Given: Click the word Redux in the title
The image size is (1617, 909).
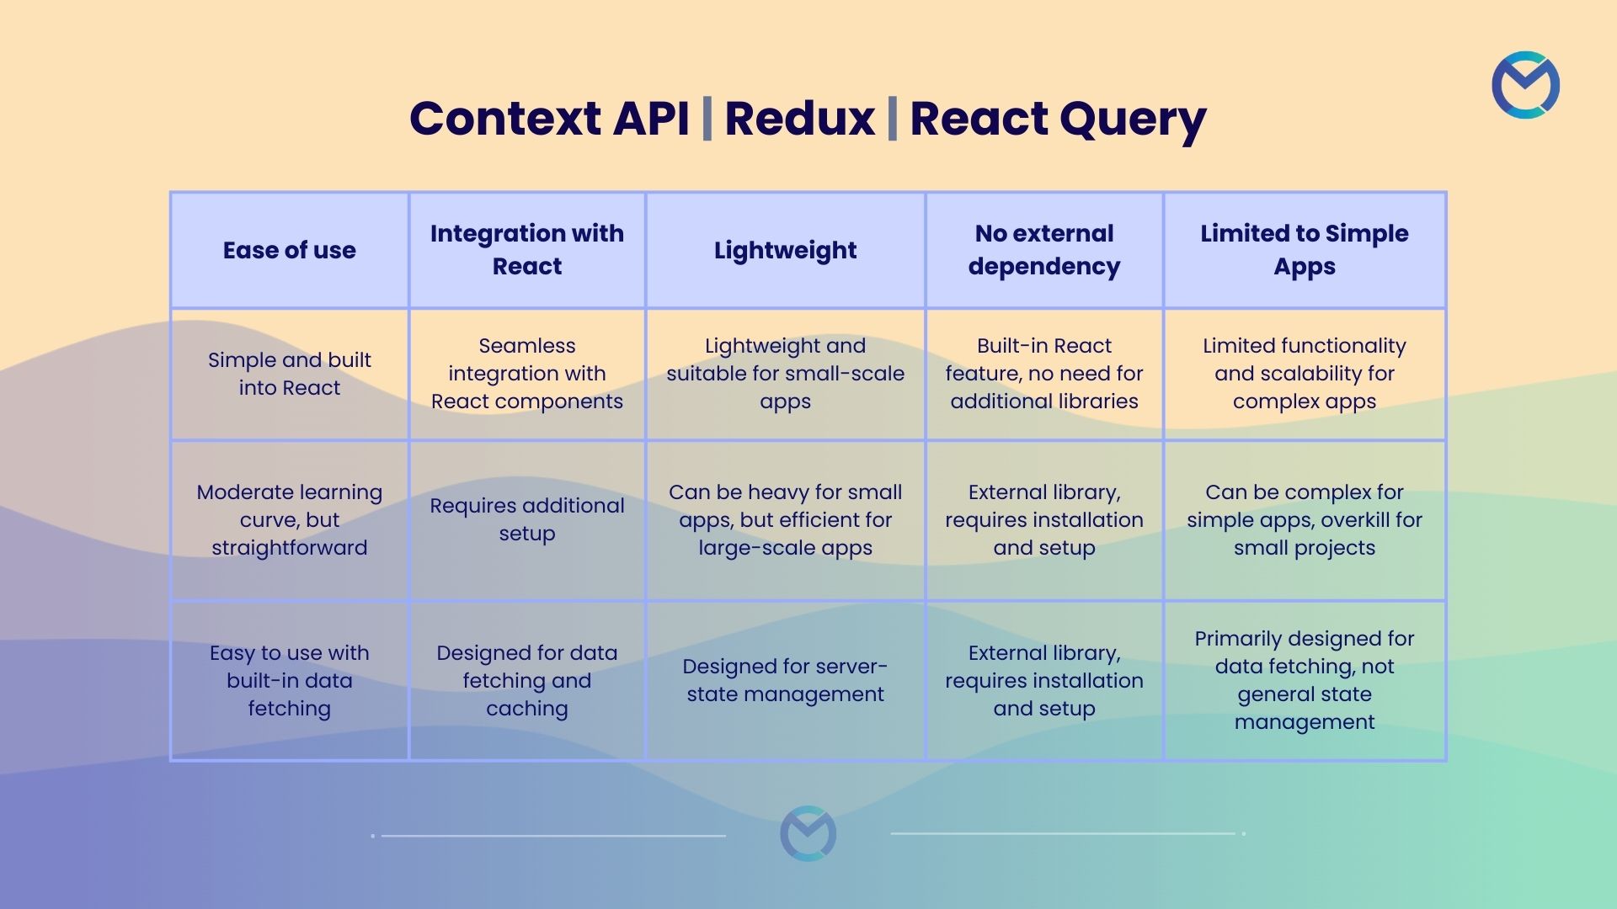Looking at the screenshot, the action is coord(799,118).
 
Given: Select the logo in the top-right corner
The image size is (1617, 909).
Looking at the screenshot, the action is coord(1525,85).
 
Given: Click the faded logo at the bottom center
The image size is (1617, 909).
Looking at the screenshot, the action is coord(808,833).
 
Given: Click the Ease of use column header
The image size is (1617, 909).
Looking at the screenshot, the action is coord(289,250).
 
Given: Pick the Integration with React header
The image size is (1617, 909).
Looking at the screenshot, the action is coord(527,250).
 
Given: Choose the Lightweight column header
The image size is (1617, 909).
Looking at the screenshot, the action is coord(785,250).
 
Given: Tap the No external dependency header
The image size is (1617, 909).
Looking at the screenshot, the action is coord(1044,250).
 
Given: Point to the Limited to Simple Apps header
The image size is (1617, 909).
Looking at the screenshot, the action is coord(1305,250).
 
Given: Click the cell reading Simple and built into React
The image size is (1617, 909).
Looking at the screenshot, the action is coord(289,374).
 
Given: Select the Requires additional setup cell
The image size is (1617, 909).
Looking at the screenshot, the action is coord(527,519).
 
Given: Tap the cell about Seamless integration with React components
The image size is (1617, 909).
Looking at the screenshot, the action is coord(527,374).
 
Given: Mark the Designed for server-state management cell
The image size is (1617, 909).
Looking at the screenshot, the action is coord(785,680).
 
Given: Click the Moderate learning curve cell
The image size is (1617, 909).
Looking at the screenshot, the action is coord(289,519).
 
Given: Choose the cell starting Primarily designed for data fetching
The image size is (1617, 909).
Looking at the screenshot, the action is coord(1305,680).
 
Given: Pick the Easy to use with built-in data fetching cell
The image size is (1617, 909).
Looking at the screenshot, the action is coord(289,680).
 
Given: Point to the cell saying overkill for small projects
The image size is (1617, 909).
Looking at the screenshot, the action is coord(1305,519).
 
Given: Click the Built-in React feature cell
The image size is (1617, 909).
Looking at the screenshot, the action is coord(1044,374).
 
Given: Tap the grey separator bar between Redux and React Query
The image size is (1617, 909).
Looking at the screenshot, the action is coord(892,119).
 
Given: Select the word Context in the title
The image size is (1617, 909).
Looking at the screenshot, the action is coord(504,118).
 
